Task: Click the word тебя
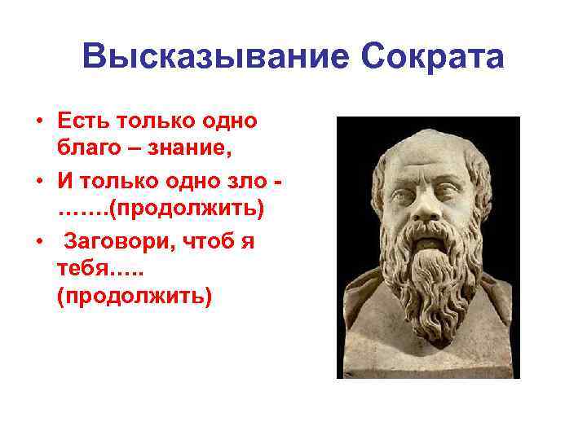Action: click(82, 268)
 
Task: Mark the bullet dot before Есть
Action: click(38, 123)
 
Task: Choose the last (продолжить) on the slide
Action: click(134, 297)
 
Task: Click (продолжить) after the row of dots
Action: click(187, 209)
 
